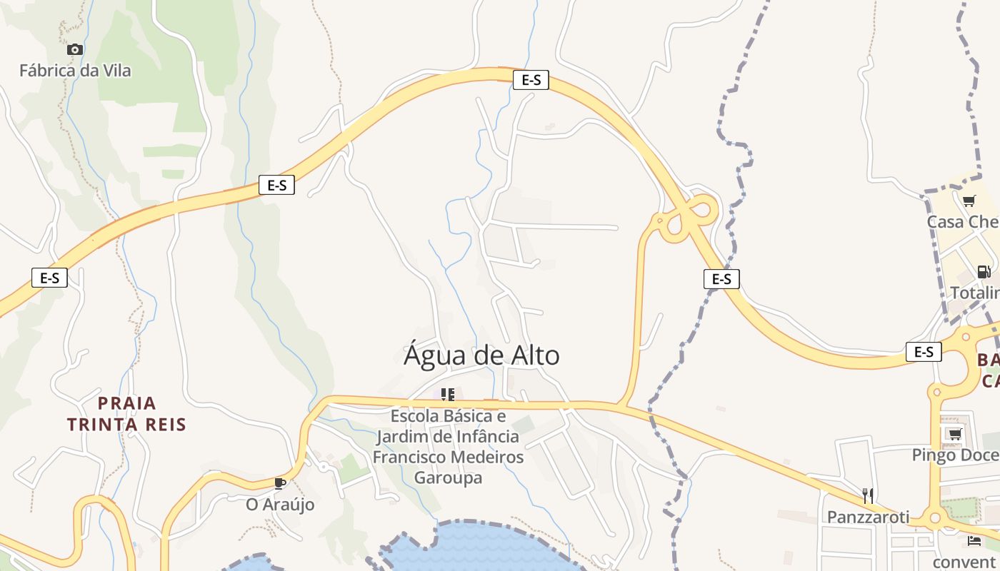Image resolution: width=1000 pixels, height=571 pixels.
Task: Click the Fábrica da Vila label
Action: tap(75, 71)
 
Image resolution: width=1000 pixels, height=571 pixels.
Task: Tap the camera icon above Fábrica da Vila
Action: tap(75, 49)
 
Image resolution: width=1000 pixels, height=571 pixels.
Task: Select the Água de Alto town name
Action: tap(481, 355)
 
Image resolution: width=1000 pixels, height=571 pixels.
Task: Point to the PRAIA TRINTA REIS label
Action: tap(126, 414)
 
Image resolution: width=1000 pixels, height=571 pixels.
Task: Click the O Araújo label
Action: tap(280, 504)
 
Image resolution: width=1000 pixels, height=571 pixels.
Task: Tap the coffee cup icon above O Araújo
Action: tap(280, 483)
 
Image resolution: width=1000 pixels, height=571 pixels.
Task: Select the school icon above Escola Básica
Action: tap(448, 394)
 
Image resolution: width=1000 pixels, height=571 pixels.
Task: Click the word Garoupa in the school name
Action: tap(449, 477)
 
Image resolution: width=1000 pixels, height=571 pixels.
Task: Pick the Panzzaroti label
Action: tap(868, 516)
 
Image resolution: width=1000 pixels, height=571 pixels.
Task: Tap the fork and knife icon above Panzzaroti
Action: tap(868, 495)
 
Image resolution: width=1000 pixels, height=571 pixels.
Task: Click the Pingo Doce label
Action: tap(955, 455)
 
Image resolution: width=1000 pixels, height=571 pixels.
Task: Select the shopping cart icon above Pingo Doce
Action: tap(954, 433)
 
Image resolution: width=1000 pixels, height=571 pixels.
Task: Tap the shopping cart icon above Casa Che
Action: tap(969, 201)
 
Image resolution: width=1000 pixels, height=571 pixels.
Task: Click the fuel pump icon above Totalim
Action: tap(984, 271)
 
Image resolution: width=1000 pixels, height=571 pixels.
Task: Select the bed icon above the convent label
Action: tap(974, 540)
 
